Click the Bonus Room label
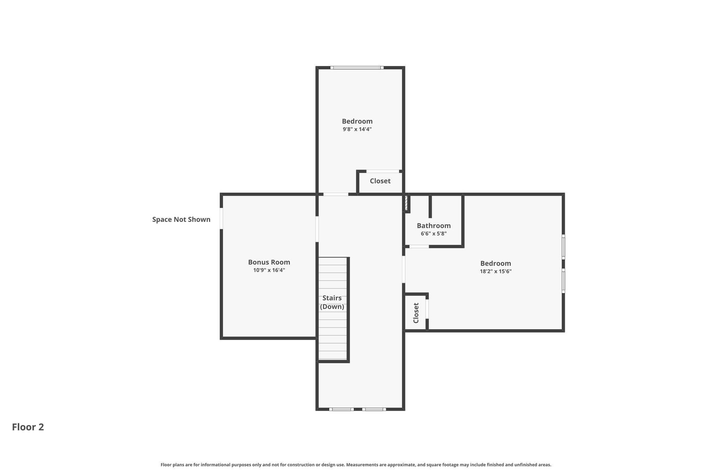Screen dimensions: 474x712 [269, 262]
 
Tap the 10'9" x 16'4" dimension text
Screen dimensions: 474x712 [269, 270]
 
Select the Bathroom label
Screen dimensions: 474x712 [434, 226]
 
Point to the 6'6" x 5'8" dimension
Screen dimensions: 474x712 [434, 234]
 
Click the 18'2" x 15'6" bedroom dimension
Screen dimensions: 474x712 [495, 272]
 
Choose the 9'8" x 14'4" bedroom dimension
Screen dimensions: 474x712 [357, 129]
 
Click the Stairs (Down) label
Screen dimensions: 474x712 [332, 302]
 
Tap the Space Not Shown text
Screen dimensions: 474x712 [181, 219]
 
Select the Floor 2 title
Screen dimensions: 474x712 [28, 427]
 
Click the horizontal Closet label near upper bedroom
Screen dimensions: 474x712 [380, 181]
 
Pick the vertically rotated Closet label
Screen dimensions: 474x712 [416, 313]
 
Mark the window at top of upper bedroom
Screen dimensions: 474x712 [357, 68]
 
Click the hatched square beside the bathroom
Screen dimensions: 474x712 [406, 203]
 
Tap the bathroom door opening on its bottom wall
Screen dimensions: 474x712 [419, 247]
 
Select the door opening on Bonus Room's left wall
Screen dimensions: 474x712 [221, 218]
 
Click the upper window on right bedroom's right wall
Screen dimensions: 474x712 [563, 247]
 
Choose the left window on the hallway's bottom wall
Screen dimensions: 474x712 [341, 409]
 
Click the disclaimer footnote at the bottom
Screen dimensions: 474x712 [356, 465]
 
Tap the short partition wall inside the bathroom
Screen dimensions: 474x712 [430, 207]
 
